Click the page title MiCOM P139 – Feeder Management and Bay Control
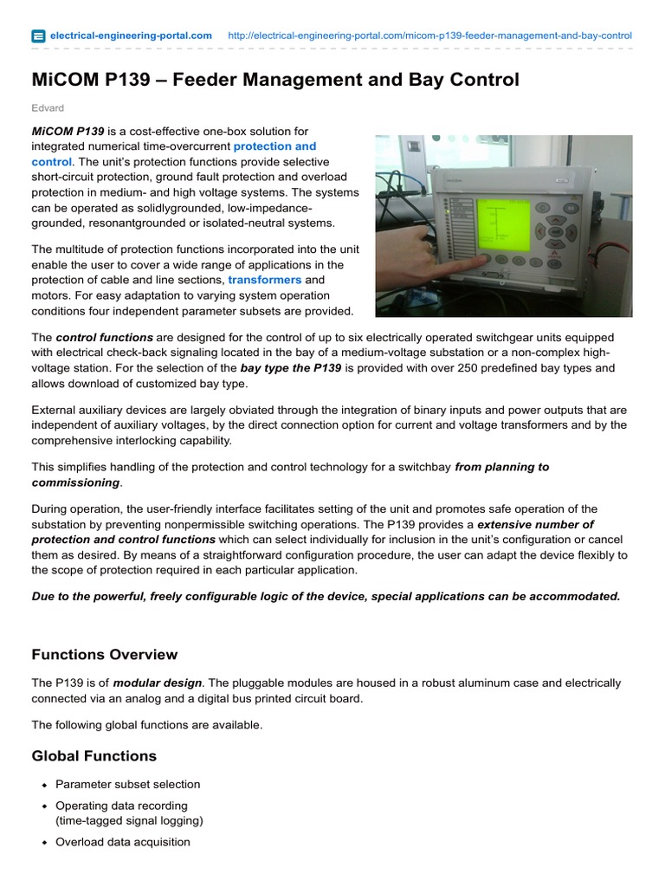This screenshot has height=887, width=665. (275, 81)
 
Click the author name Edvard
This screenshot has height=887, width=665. (48, 107)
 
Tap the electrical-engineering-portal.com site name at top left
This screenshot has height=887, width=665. (131, 36)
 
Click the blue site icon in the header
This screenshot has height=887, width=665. (38, 36)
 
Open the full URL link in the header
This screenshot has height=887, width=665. (429, 36)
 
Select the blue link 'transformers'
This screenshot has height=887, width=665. (264, 281)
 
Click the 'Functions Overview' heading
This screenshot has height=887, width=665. (105, 654)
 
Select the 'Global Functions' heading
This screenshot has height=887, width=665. (94, 755)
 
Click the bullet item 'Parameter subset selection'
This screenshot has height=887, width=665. (127, 784)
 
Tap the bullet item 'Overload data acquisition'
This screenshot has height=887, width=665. (123, 842)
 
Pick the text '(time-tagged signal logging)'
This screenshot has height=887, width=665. (129, 820)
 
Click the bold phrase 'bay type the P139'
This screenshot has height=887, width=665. (291, 368)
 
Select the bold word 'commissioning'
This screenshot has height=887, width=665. (75, 482)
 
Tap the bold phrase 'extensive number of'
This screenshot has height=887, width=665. (536, 525)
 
